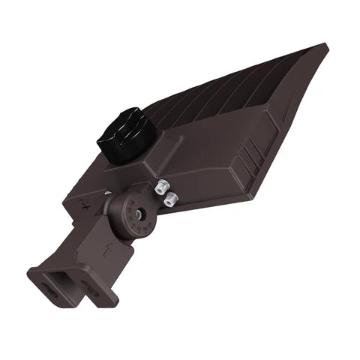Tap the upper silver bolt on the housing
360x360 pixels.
pos(163,184)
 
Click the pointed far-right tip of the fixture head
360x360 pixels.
pos(326,47)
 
